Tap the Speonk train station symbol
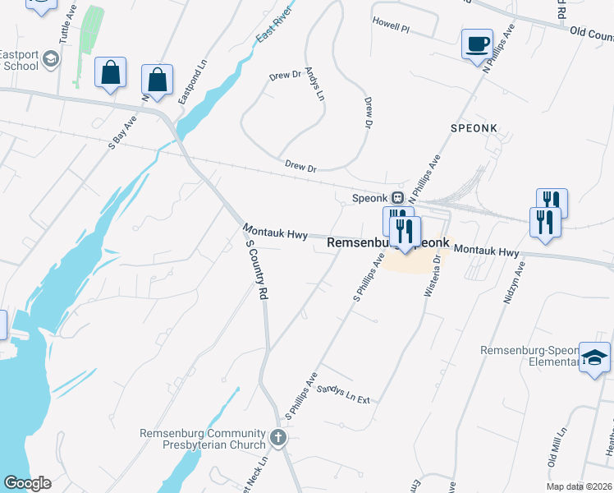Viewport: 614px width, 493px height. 397,198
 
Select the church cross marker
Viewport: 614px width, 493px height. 278,437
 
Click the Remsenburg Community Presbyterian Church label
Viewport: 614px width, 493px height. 203,440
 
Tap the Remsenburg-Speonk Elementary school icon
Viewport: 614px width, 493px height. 594,357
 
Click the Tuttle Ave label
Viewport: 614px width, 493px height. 66,28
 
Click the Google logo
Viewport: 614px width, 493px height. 27,483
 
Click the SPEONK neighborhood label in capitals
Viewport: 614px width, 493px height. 474,129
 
